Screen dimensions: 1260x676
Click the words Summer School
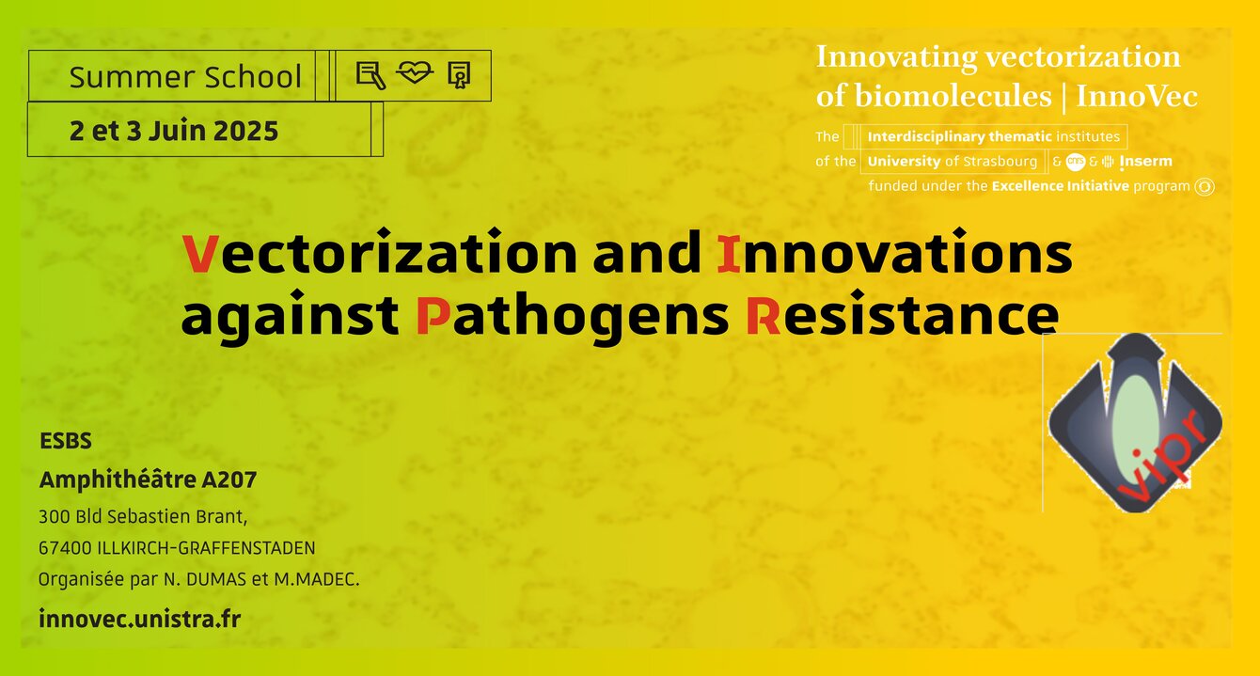[x=185, y=77]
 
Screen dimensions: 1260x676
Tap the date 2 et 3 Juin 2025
[x=174, y=131]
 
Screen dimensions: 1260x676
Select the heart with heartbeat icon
[x=415, y=72]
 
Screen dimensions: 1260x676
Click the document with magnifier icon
[x=371, y=75]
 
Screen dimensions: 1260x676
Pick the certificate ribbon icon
[x=459, y=75]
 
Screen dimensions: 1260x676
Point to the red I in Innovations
[x=729, y=254]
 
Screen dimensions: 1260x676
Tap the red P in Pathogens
[x=433, y=315]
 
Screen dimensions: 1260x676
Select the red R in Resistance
[x=764, y=315]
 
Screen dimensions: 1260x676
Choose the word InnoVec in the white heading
[x=1136, y=96]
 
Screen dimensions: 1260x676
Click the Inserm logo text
[x=1146, y=162]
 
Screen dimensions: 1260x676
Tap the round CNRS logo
[x=1076, y=162]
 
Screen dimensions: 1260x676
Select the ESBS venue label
[x=66, y=441]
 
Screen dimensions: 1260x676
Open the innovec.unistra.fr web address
[x=140, y=620]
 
